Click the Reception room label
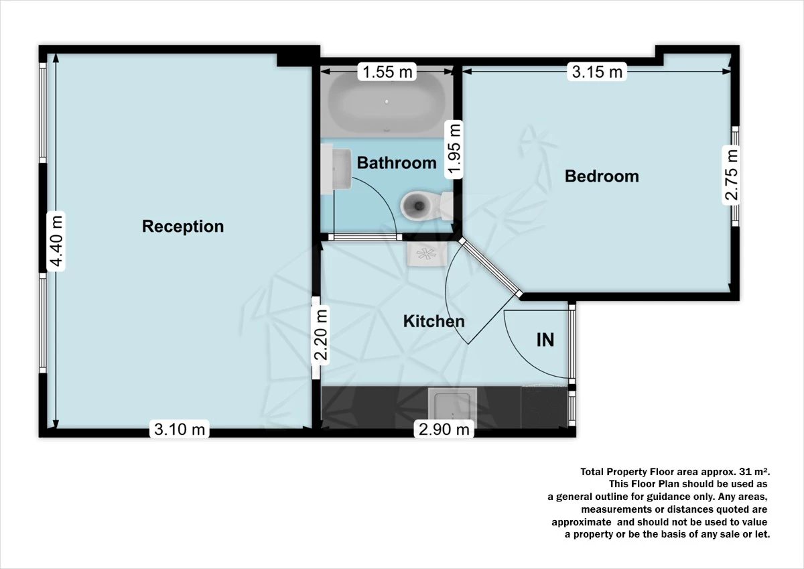coord(183,227)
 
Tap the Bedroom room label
coord(602,176)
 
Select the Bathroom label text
coord(397,163)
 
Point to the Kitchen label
coord(433,322)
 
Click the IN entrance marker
coord(545,340)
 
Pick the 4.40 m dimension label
coord(57,239)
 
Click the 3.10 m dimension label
coord(180,429)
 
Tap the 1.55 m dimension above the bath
coord(387,71)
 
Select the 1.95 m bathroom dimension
coord(456,149)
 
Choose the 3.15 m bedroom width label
coord(597,71)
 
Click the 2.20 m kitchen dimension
coord(321,334)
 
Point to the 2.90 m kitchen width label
coord(444,429)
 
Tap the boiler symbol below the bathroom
coord(425,254)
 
